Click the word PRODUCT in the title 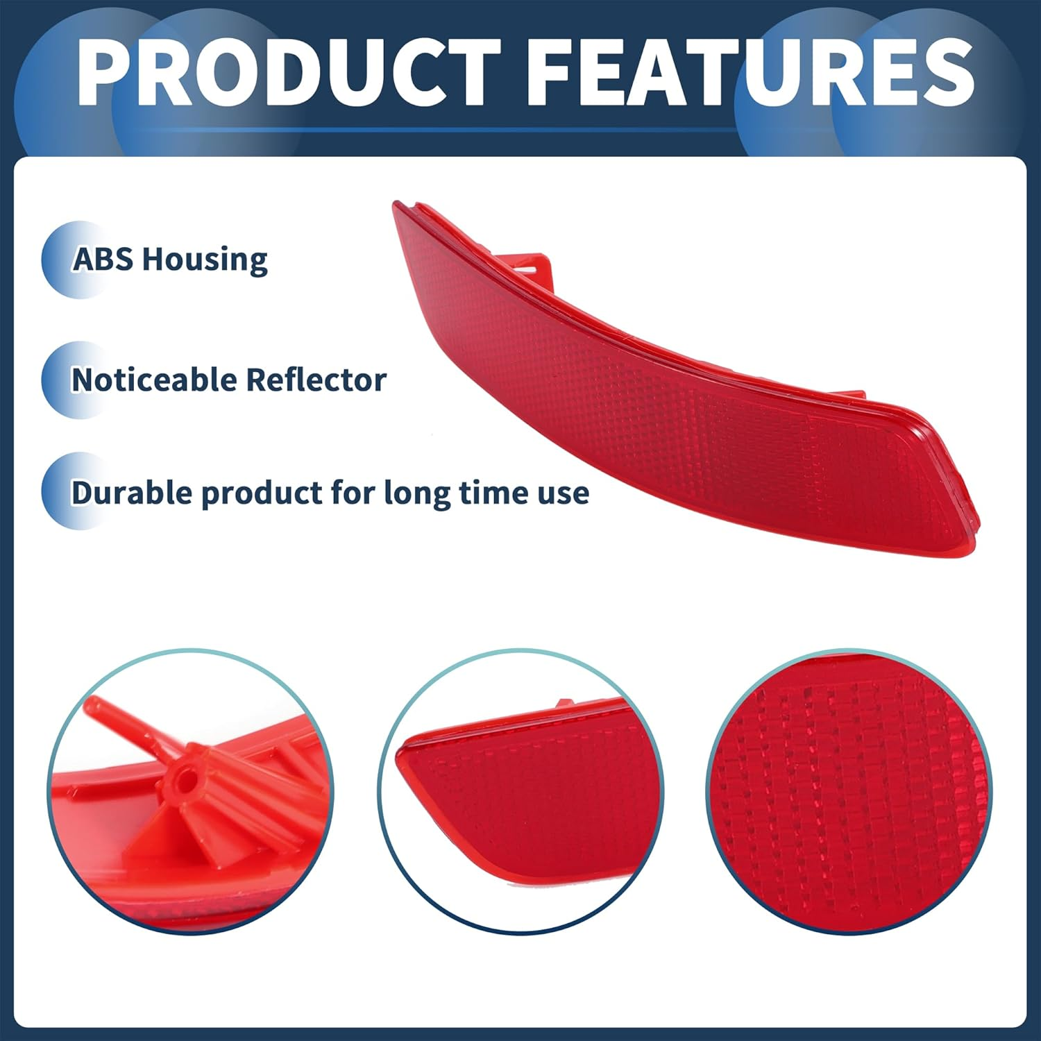click(x=289, y=73)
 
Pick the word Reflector click(x=316, y=380)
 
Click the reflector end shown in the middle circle click(x=520, y=791)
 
